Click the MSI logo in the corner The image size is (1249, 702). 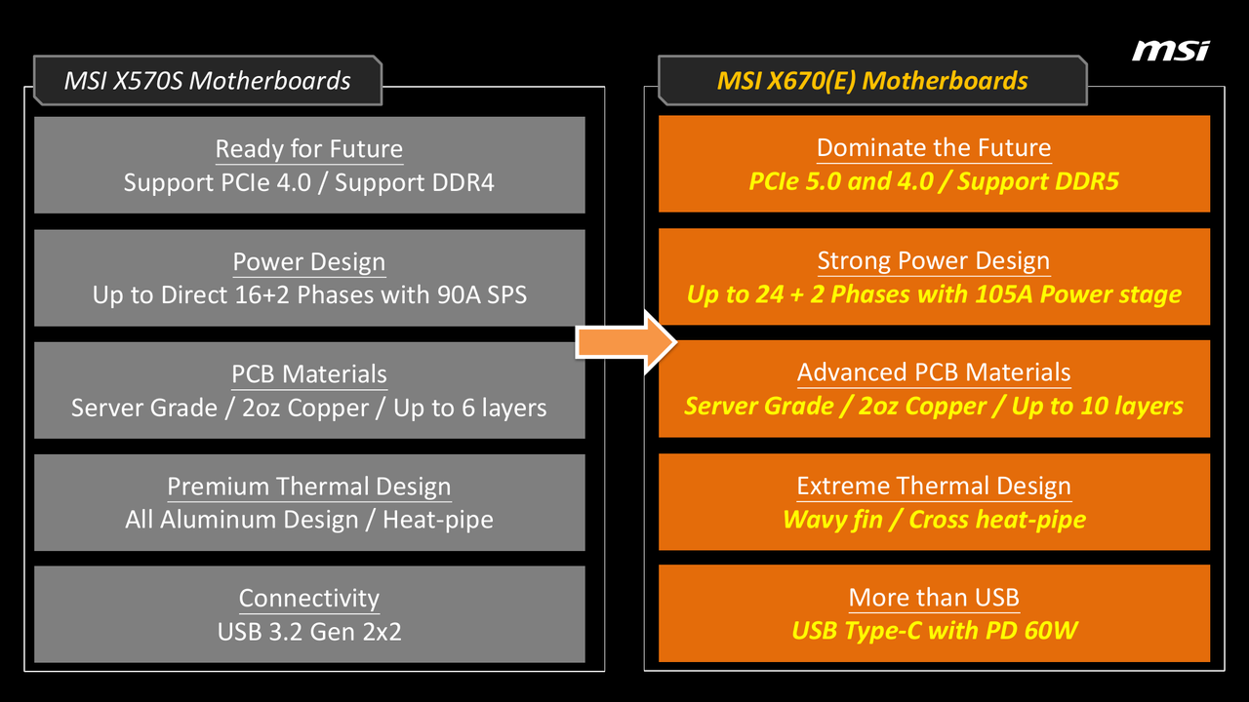[1170, 51]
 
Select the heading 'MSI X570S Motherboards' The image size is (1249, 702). [208, 81]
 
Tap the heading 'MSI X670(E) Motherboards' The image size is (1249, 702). [872, 81]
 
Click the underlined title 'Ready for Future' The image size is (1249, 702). [309, 149]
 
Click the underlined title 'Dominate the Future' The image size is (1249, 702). [934, 147]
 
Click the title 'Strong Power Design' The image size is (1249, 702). [934, 260]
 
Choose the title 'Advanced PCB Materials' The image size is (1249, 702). [934, 372]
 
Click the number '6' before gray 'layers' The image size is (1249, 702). [467, 408]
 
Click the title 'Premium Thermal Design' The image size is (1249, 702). [309, 487]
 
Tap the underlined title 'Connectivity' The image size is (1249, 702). [309, 599]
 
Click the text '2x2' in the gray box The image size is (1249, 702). [382, 632]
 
